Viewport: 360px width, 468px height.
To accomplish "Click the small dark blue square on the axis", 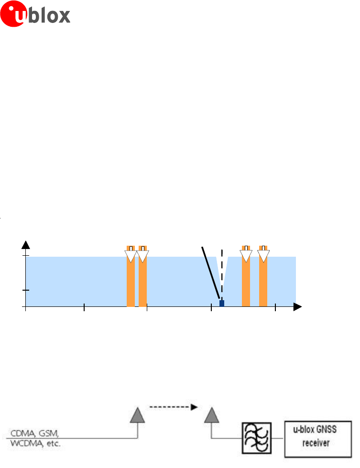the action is tap(221, 303).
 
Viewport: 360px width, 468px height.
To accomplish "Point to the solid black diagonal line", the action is tap(210, 272).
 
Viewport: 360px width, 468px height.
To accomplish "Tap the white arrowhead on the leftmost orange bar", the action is tap(131, 256).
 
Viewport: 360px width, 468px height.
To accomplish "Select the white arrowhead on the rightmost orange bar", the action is tap(263, 256).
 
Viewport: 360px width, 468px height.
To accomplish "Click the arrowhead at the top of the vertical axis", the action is tap(26, 245).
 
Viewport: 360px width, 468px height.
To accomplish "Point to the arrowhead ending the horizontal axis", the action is tap(298, 306).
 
